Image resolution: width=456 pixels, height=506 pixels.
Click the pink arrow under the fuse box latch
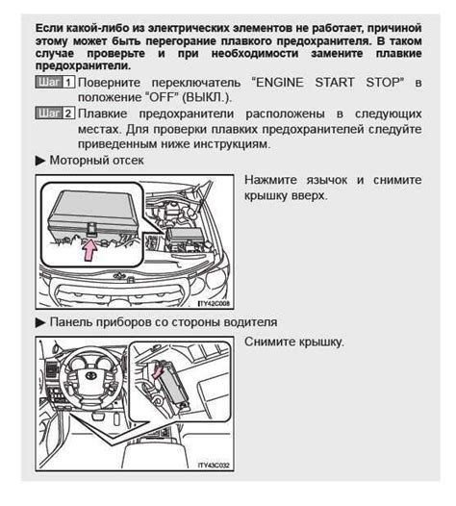click(89, 252)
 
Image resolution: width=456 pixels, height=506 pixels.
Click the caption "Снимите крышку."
click(293, 342)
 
